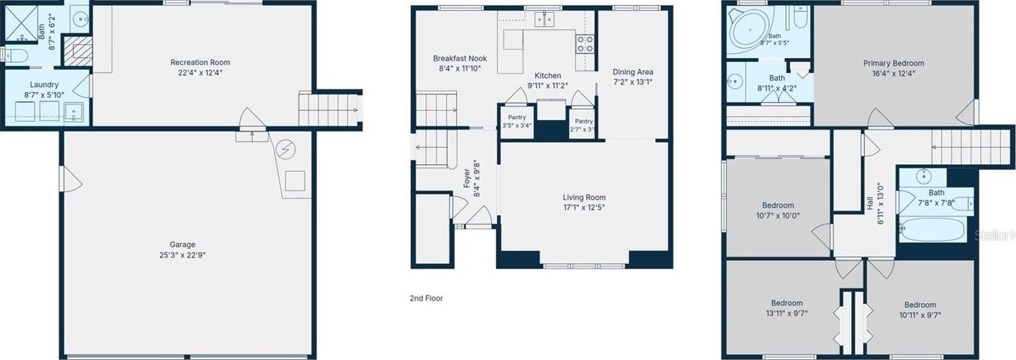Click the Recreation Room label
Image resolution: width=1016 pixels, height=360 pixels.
[200, 63]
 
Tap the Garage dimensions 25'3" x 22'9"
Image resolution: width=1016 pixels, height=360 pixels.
[182, 255]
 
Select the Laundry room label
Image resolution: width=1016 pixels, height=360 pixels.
[44, 85]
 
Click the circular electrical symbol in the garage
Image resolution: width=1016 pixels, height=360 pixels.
[286, 150]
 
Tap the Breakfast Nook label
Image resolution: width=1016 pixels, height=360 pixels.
[460, 58]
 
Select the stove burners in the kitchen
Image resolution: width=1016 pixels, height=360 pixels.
[584, 44]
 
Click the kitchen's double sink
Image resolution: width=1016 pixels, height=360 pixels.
[544, 19]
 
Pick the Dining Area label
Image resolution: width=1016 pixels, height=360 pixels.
[633, 72]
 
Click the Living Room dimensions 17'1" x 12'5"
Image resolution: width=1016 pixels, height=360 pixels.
[584, 208]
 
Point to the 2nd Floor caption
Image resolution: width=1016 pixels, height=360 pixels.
[426, 298]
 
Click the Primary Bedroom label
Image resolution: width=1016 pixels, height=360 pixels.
[894, 64]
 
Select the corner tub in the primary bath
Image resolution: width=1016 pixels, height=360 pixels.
[749, 30]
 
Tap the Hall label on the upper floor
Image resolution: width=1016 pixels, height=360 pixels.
[870, 202]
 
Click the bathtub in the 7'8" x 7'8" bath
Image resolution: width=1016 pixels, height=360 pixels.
[933, 230]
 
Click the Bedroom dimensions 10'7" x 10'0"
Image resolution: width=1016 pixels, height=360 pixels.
[778, 216]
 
